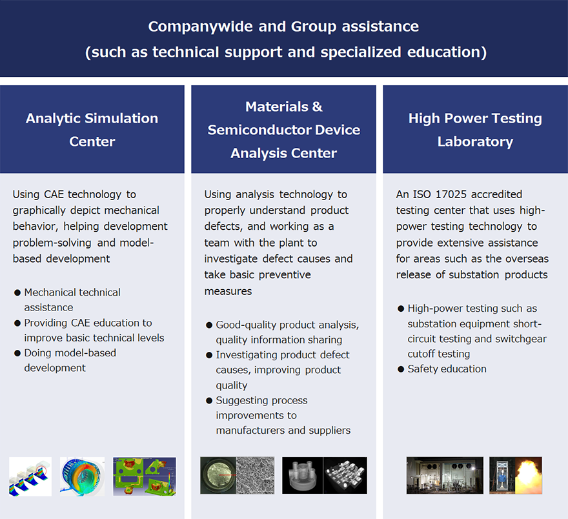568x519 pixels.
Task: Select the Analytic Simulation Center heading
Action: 92,130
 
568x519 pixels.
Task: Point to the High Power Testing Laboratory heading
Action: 475,130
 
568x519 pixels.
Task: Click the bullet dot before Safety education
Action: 401,369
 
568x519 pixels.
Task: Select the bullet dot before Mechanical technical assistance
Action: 17,293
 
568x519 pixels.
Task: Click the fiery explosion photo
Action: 516,476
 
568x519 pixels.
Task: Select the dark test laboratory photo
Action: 445,476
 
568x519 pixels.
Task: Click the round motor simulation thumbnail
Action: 82,476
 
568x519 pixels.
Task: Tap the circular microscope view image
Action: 218,476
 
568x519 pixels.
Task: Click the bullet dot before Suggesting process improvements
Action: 209,401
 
